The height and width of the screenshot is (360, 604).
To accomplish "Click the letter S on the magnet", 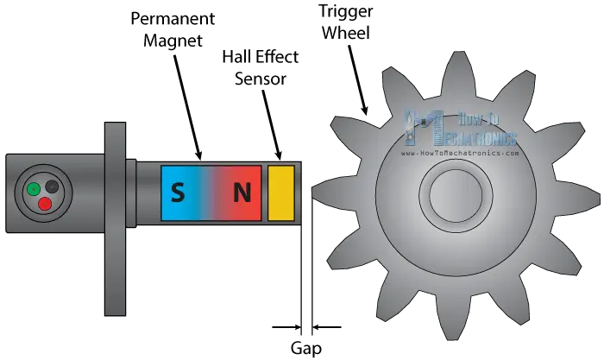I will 177,193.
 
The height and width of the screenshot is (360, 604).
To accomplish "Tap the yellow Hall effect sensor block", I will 281,192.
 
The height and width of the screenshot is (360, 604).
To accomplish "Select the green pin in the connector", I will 32,188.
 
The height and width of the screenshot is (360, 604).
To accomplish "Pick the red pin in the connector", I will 45,204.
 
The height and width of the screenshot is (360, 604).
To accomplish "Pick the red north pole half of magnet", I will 240,193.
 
